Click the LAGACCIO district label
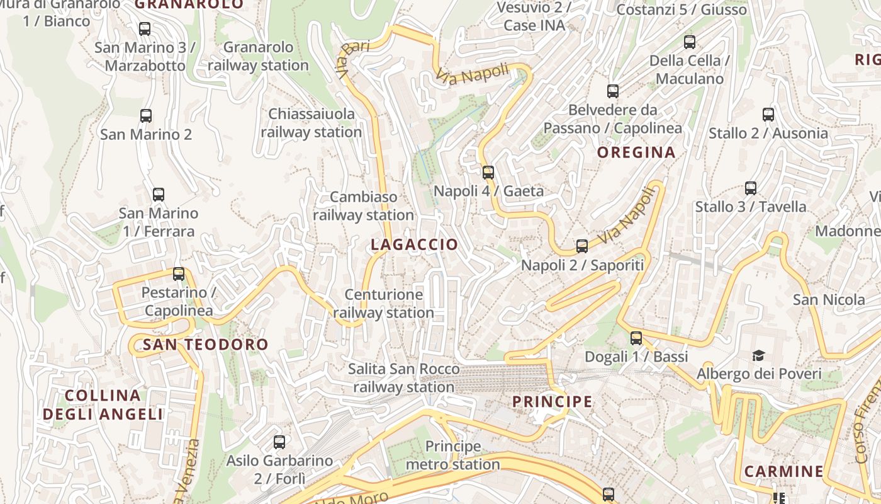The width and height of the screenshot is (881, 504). click(414, 244)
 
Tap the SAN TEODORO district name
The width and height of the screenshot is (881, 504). click(205, 345)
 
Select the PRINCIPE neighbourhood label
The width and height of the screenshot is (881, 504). click(552, 401)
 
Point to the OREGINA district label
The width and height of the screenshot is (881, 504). click(636, 152)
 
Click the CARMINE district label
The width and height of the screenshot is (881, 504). click(783, 471)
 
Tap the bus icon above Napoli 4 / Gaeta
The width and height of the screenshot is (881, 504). click(488, 172)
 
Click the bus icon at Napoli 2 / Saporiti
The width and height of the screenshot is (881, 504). click(581, 246)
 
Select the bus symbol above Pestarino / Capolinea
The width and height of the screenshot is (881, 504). click(179, 273)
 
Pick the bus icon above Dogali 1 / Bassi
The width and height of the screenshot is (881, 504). click(636, 338)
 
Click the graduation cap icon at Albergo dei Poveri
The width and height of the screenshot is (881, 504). click(758, 355)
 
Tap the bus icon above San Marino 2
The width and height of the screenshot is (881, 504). click(145, 115)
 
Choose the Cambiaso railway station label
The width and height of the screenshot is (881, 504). click(364, 206)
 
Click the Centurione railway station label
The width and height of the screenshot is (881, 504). click(383, 303)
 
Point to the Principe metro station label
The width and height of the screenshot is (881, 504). click(452, 455)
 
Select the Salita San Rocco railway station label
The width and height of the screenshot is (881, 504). click(403, 378)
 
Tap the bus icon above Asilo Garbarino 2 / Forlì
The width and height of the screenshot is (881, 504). click(279, 442)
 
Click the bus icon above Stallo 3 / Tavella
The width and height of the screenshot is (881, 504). click(750, 188)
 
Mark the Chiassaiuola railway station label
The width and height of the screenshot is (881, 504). click(311, 123)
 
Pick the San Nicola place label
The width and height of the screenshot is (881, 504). click(828, 299)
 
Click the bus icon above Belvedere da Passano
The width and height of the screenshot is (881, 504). click(612, 91)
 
